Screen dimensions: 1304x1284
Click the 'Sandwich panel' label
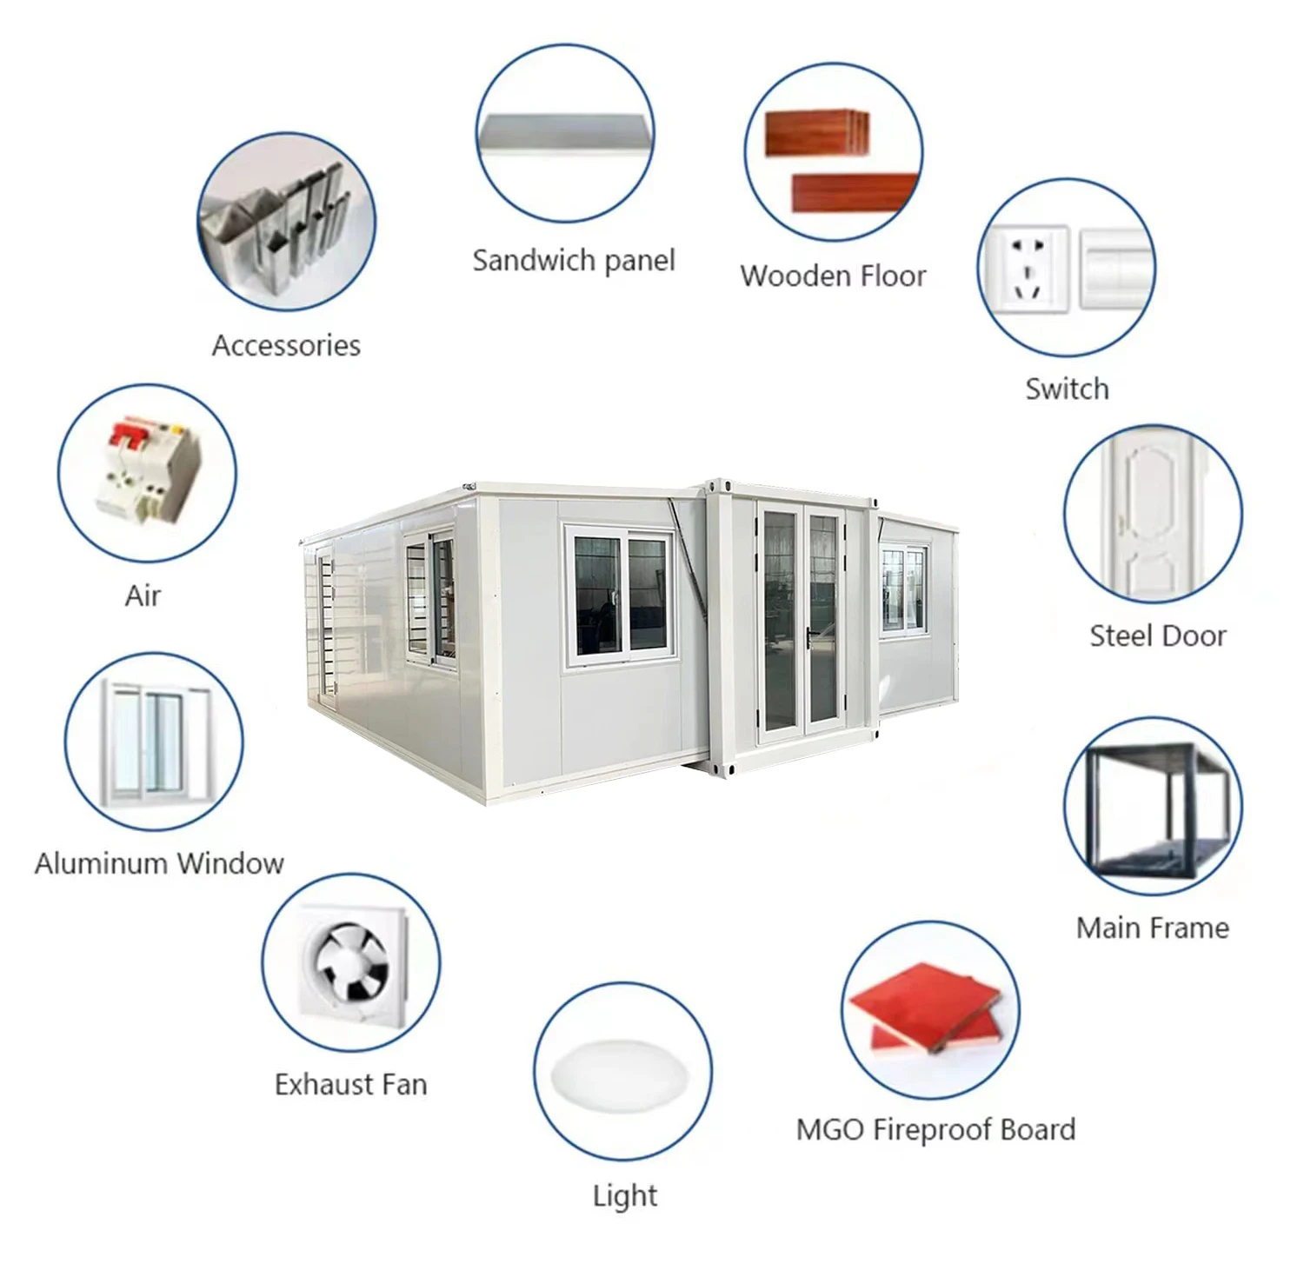pos(573,260)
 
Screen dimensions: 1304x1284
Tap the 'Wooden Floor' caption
pos(833,276)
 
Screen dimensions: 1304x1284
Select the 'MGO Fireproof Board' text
pos(935,1129)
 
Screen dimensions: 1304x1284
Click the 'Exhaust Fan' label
pos(350,1084)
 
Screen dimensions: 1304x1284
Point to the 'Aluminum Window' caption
pos(159,863)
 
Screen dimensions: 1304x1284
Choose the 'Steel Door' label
pos(1157,635)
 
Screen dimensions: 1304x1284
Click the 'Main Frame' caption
pos(1152,928)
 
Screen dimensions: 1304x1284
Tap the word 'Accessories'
pos(286,345)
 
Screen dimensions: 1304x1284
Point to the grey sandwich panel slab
pos(565,134)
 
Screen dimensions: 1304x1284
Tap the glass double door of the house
pos(801,622)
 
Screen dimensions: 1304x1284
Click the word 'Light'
pos(624,1195)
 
